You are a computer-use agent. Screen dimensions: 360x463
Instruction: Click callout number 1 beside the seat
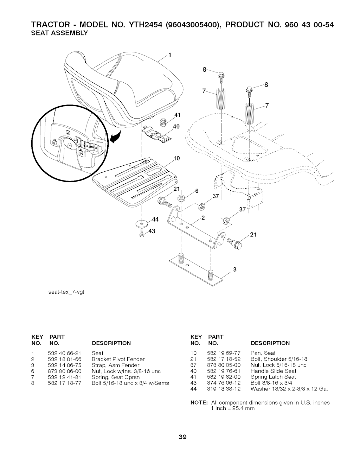click(170, 55)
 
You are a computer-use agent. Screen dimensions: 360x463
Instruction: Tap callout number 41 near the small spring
click(177, 115)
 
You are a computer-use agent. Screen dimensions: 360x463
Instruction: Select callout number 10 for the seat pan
click(177, 158)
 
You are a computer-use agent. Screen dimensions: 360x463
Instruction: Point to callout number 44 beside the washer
click(155, 219)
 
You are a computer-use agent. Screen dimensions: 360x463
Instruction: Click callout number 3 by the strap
click(235, 269)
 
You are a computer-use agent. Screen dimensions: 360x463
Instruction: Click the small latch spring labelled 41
click(163, 122)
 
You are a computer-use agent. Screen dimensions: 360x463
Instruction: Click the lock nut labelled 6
click(181, 198)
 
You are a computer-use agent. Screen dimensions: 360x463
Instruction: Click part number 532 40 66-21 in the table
click(64, 353)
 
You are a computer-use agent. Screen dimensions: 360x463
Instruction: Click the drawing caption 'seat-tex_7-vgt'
click(66, 292)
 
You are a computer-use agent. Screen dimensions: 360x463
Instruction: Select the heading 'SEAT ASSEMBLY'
click(59, 33)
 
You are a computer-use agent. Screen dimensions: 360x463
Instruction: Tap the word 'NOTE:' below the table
click(199, 402)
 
